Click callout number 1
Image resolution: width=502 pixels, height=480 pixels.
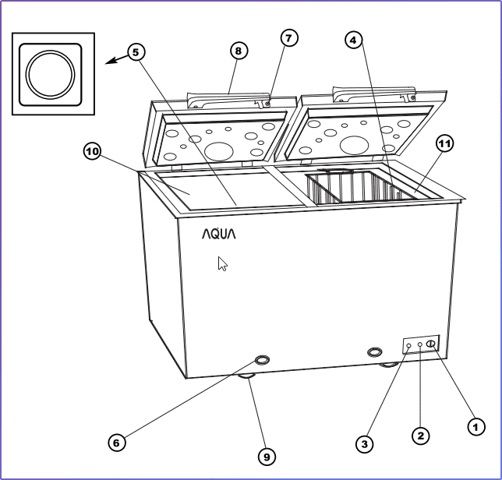[x=472, y=426]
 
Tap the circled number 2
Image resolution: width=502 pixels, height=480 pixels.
[x=420, y=435]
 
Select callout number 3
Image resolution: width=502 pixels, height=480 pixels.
[x=363, y=443]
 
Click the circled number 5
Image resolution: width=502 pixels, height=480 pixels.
[x=136, y=52]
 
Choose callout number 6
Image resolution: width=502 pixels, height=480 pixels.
[x=115, y=442]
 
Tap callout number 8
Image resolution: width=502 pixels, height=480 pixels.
[x=239, y=51]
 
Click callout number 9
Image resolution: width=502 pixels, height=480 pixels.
[x=267, y=457]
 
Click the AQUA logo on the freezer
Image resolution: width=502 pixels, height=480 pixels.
[x=218, y=233]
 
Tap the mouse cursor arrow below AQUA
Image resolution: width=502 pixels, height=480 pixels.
[x=223, y=263]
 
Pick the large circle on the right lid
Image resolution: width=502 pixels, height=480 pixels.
[x=355, y=145]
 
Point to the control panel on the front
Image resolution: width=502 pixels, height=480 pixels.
[x=421, y=344]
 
